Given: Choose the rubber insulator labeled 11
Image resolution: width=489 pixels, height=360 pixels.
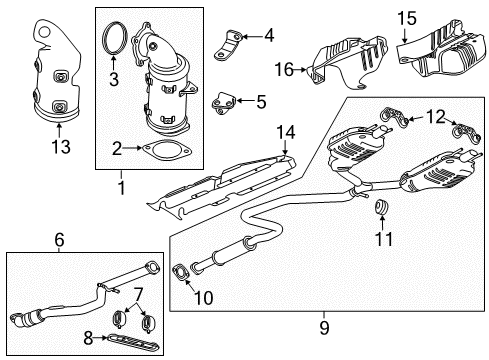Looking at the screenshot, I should [x=381, y=208].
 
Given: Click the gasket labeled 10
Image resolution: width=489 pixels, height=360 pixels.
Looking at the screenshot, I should [x=181, y=271].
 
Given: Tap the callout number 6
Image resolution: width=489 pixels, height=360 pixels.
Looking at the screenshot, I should [x=58, y=239].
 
